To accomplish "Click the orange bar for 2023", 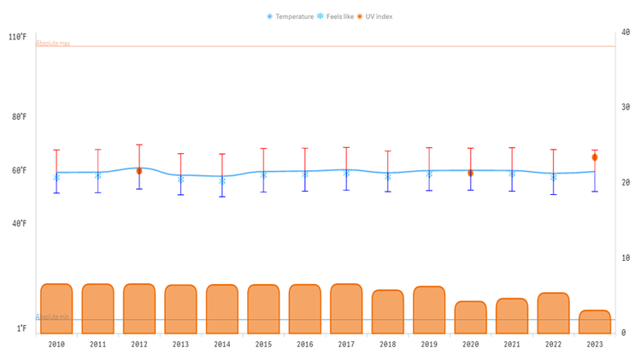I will tap(595, 322).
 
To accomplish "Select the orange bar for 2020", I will tap(470, 317).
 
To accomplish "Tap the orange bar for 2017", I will tap(346, 308).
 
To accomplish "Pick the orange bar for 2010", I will tap(56, 308).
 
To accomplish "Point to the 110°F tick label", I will tap(18, 38).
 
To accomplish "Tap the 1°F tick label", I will tap(21, 328).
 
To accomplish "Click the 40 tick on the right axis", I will tap(625, 32).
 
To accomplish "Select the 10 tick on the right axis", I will tap(625, 257).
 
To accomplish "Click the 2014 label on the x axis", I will tap(222, 345).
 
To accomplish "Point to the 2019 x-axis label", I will tap(429, 345).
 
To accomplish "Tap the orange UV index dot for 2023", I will tap(595, 157).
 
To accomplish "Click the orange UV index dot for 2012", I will tap(139, 171).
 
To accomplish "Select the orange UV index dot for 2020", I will tap(470, 174).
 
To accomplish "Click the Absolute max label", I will tap(53, 43).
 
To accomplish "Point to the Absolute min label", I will tap(52, 316).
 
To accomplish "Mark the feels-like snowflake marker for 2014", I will tap(222, 180).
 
